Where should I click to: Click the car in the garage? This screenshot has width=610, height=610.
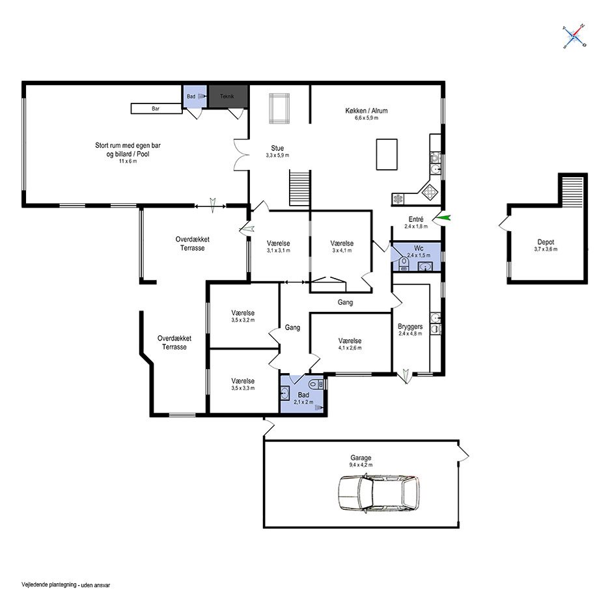pyautogui.click(x=379, y=493)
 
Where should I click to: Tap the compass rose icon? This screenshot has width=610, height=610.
pyautogui.click(x=574, y=37)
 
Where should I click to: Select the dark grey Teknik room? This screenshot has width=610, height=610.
pyautogui.click(x=228, y=96)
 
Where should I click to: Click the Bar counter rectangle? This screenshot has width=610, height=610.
pyautogui.click(x=156, y=109)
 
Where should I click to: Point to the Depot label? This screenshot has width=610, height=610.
pyautogui.click(x=546, y=242)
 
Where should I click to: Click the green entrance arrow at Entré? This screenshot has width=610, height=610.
pyautogui.click(x=444, y=218)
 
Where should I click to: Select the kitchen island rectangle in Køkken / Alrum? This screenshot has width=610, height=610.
pyautogui.click(x=387, y=154)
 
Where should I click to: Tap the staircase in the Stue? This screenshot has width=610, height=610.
pyautogui.click(x=299, y=188)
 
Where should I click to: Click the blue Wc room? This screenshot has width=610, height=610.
pyautogui.click(x=416, y=256)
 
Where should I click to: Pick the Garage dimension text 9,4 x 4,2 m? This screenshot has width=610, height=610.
pyautogui.click(x=361, y=465)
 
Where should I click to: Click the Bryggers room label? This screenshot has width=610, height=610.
pyautogui.click(x=410, y=326)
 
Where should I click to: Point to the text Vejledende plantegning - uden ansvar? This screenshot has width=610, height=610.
pyautogui.click(x=66, y=585)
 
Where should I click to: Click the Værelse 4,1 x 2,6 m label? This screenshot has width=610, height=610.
pyautogui.click(x=350, y=344)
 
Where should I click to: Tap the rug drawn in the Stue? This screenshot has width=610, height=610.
pyautogui.click(x=279, y=109)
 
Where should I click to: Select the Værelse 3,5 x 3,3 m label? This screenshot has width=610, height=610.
pyautogui.click(x=243, y=384)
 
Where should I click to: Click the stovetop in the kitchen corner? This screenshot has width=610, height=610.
pyautogui.click(x=430, y=191)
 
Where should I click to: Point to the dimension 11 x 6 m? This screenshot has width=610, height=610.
pyautogui.click(x=128, y=161)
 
